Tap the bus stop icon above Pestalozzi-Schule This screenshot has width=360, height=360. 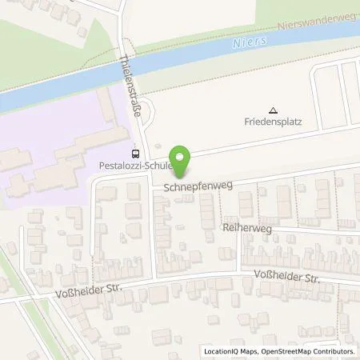pyautogui.click(x=134, y=154)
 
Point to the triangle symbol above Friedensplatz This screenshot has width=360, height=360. pyautogui.click(x=273, y=110)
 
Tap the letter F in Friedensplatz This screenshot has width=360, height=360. pyautogui.click(x=247, y=123)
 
